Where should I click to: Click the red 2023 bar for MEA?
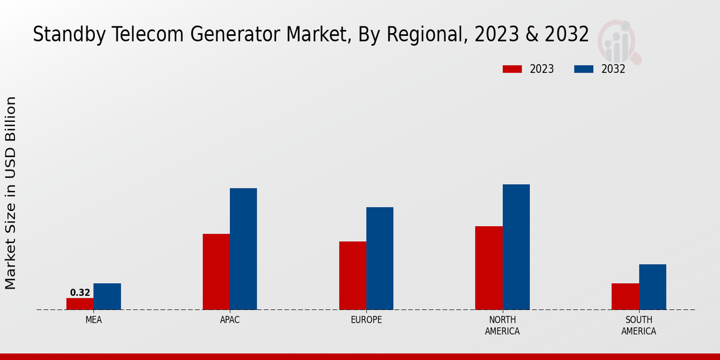click(x=80, y=304)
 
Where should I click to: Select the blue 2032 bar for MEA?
click(x=107, y=296)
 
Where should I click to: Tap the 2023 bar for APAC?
click(x=216, y=272)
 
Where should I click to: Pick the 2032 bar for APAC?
click(x=243, y=249)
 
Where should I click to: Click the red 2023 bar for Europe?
click(x=352, y=275)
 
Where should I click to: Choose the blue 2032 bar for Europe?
click(x=380, y=259)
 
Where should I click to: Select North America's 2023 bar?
click(x=488, y=268)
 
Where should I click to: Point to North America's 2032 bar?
click(x=516, y=247)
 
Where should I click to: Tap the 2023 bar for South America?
click(x=625, y=296)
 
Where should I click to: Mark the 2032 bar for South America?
click(x=652, y=287)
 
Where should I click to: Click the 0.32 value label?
click(x=80, y=293)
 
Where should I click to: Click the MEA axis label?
click(x=94, y=320)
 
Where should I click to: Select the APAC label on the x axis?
click(x=230, y=320)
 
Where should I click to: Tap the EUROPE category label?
click(x=366, y=320)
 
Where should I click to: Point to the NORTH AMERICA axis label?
click(x=502, y=325)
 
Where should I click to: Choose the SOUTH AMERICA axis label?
click(x=638, y=325)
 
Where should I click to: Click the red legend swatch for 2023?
click(x=512, y=69)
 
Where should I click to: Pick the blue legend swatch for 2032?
click(x=583, y=69)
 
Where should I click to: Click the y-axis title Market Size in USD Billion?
click(x=11, y=192)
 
